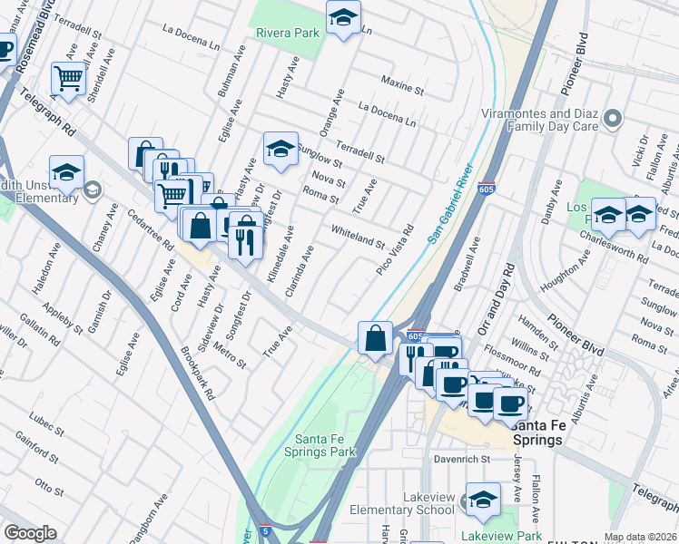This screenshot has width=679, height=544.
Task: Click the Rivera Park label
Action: tap(288, 33)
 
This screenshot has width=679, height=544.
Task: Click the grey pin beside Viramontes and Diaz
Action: tap(614, 119)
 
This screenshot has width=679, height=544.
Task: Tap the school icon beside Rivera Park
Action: tap(343, 18)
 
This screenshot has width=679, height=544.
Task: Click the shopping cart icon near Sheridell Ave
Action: tap(68, 79)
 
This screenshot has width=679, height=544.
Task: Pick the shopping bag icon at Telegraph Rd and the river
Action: tap(375, 339)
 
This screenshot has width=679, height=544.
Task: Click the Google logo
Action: tap(30, 533)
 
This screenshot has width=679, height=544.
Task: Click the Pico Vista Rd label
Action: tap(396, 250)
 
